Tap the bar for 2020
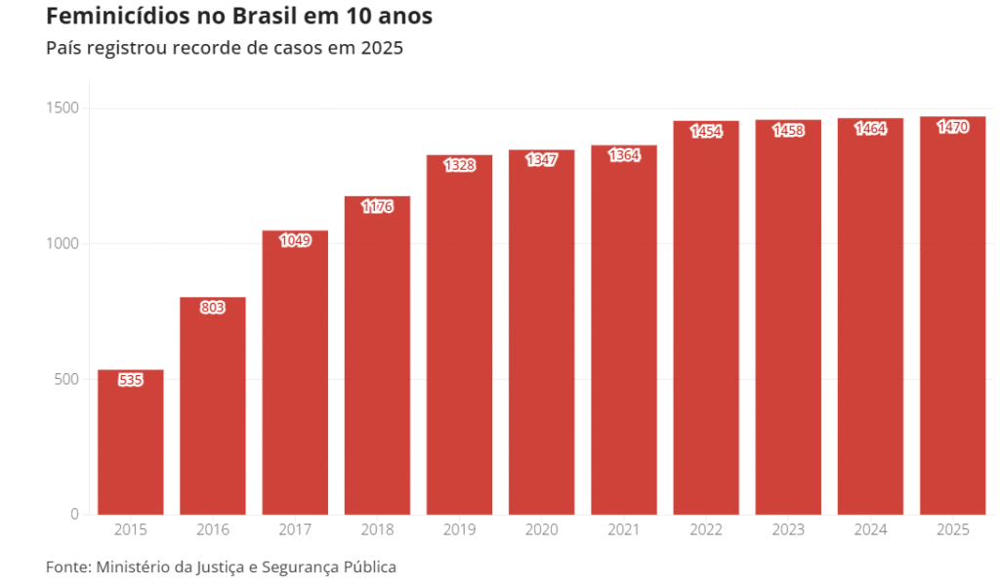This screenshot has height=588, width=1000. click(541, 332)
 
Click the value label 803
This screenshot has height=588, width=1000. click(213, 308)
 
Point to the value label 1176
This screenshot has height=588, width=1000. click(377, 206)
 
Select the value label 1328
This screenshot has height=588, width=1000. click(459, 165)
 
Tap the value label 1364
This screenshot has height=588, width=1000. click(624, 155)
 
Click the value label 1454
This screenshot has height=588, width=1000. click(706, 131)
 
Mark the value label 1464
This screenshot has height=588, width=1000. click(870, 128)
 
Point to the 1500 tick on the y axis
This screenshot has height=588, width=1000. click(62, 107)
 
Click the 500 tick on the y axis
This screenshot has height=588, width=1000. click(66, 379)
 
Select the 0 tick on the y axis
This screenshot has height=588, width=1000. click(74, 515)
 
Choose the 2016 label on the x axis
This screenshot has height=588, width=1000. click(213, 530)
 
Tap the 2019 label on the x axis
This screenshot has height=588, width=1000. click(459, 530)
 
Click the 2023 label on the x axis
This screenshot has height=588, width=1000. click(788, 530)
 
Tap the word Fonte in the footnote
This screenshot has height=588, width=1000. click(66, 567)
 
